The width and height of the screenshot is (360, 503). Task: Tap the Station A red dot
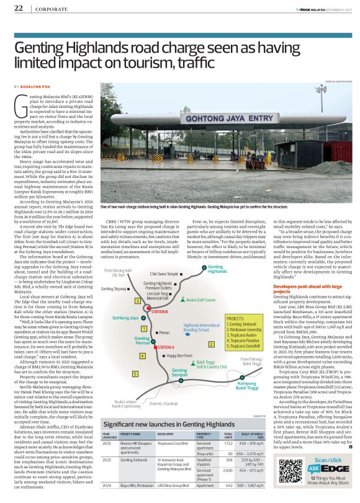(x=155, y=347)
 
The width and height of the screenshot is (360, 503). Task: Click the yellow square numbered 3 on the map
(x=137, y=301)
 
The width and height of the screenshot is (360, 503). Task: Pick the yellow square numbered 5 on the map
(x=135, y=374)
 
